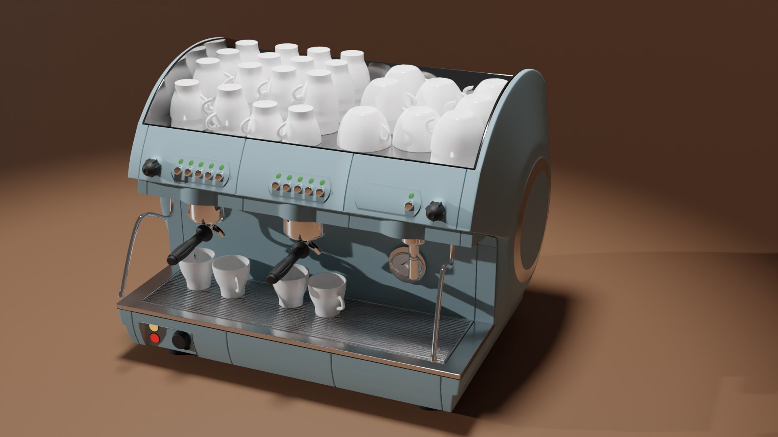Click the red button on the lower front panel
click(x=155, y=338)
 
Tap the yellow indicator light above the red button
click(x=154, y=327)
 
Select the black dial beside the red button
click(x=180, y=340)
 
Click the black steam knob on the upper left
click(x=152, y=167)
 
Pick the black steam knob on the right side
click(x=436, y=211)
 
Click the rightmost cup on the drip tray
click(x=327, y=294)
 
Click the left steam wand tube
click(x=129, y=251)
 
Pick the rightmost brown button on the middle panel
click(x=320, y=193)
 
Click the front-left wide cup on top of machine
click(x=363, y=129)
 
